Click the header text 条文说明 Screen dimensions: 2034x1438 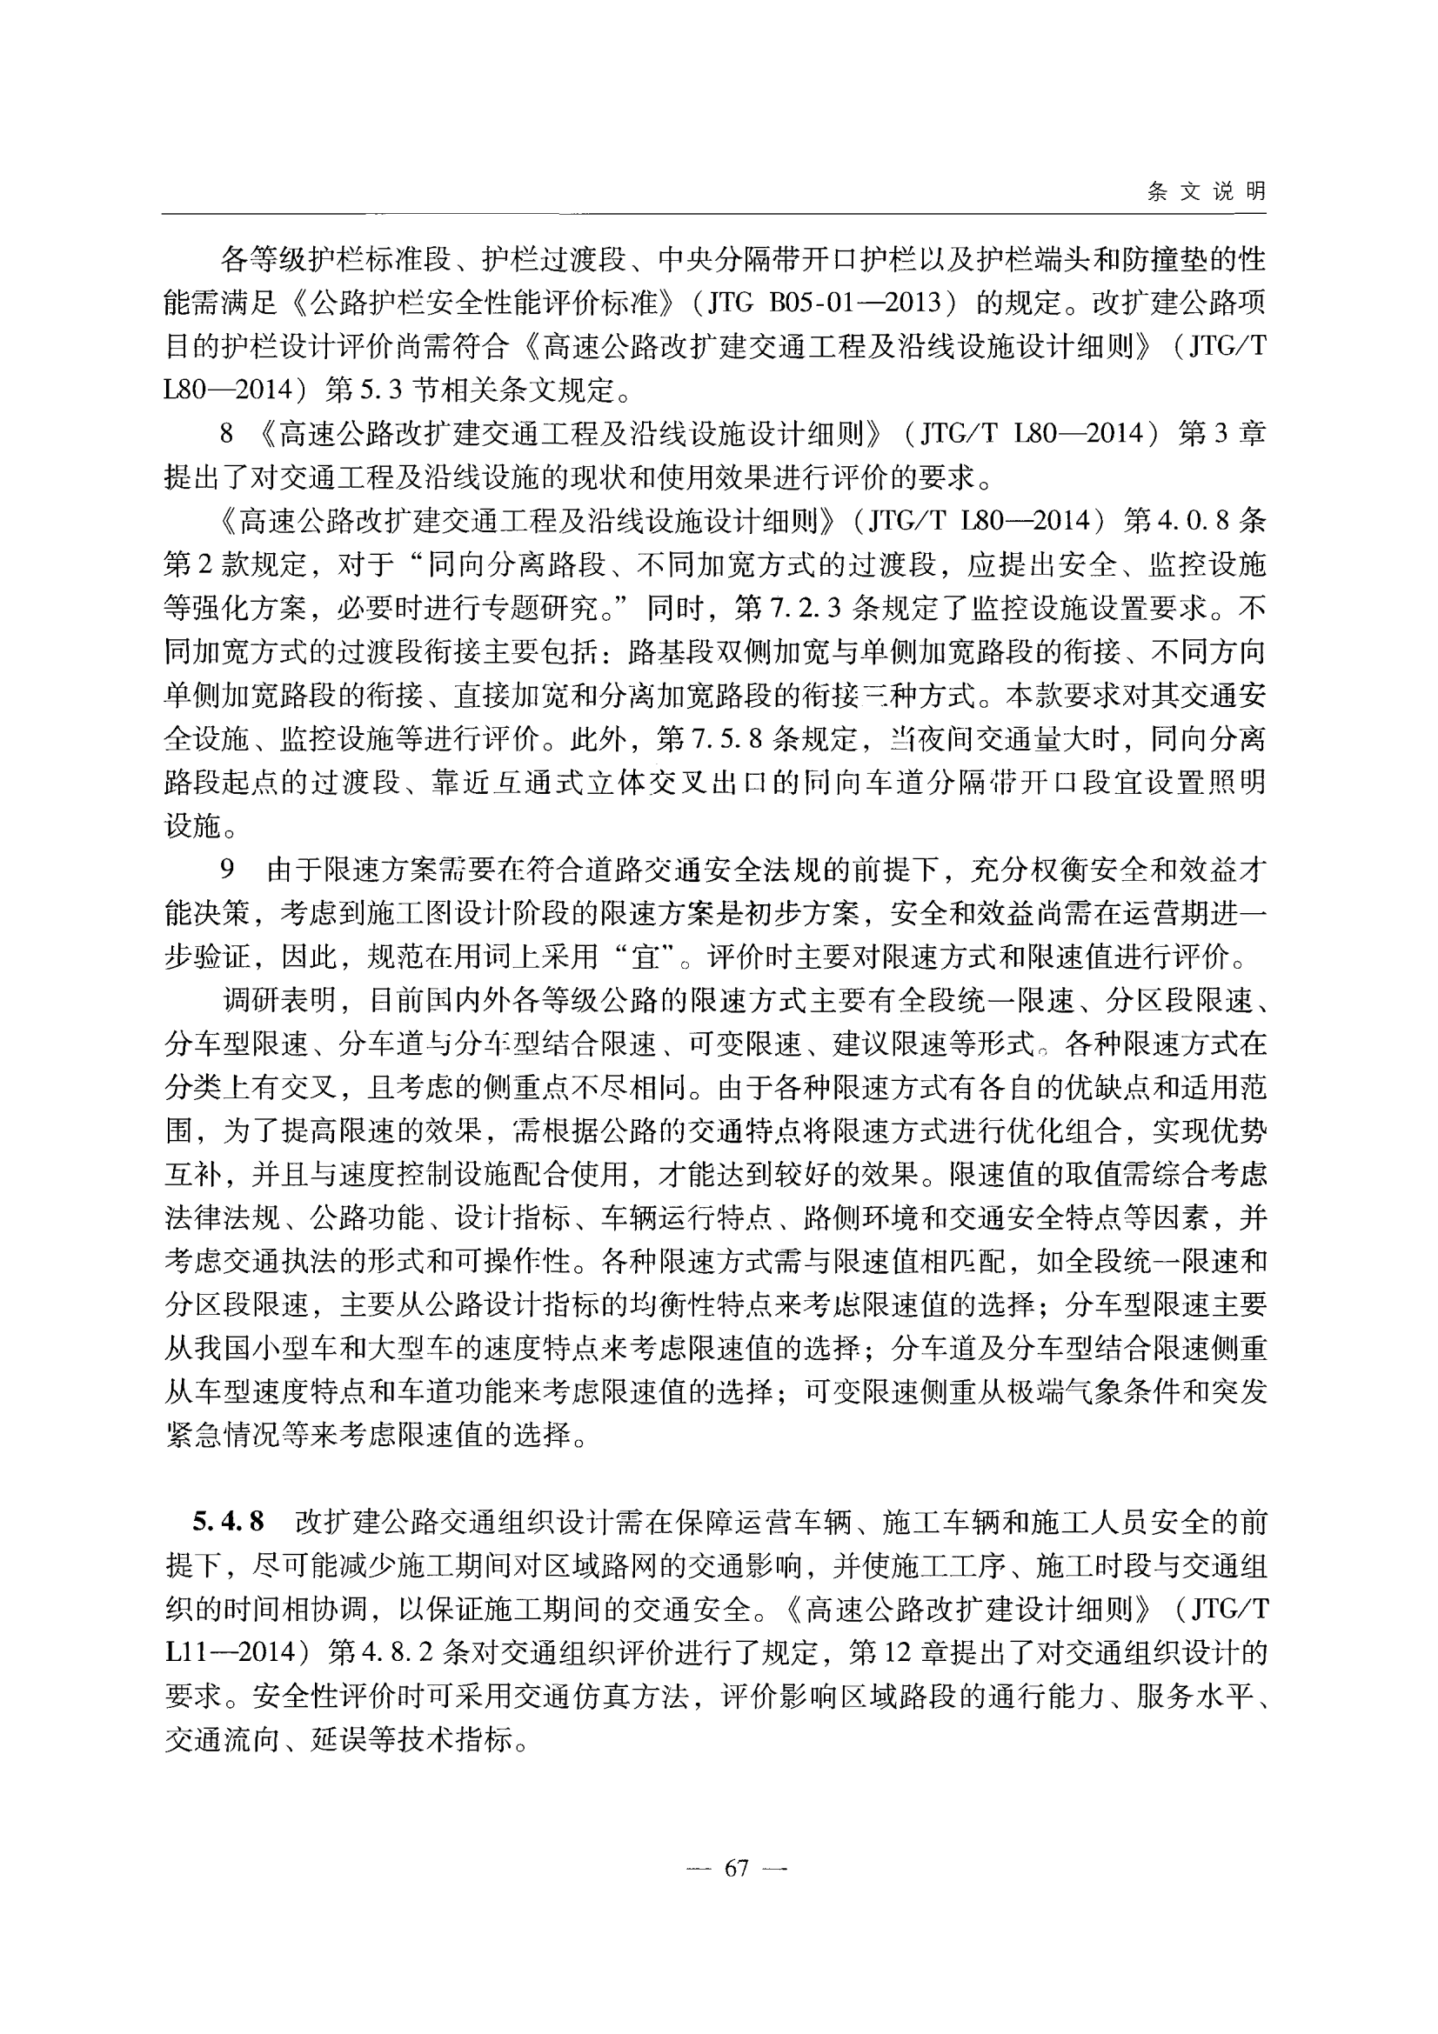click(x=1206, y=191)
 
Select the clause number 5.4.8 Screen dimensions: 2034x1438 click(x=229, y=1522)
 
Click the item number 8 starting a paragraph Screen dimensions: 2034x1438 click(x=227, y=434)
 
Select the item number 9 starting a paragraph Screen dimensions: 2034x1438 click(x=227, y=870)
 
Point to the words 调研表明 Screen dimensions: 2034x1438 click(x=279, y=1001)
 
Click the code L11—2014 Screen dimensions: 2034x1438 click(x=236, y=1653)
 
